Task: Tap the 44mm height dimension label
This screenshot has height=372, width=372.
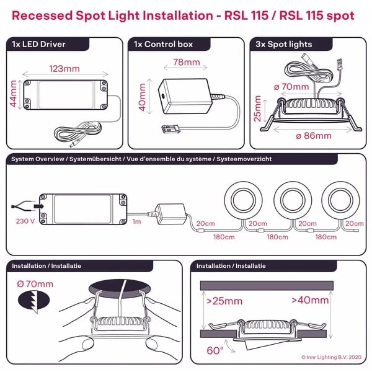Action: pyautogui.click(x=14, y=94)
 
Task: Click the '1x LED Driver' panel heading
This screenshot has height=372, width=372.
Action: pyautogui.click(x=39, y=45)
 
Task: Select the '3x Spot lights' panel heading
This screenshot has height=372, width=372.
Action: pyautogui.click(x=284, y=45)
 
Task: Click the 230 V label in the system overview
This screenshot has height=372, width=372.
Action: pyautogui.click(x=25, y=219)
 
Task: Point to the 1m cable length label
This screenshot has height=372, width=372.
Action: pyautogui.click(x=136, y=221)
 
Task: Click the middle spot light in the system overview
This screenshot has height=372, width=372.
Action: pyautogui.click(x=294, y=199)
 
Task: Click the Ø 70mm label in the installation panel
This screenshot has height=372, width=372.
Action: pyautogui.click(x=35, y=285)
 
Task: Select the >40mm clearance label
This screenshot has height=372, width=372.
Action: pyautogui.click(x=310, y=301)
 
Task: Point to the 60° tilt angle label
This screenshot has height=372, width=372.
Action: pyautogui.click(x=215, y=350)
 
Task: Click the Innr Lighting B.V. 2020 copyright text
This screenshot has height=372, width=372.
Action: pyautogui.click(x=330, y=357)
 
